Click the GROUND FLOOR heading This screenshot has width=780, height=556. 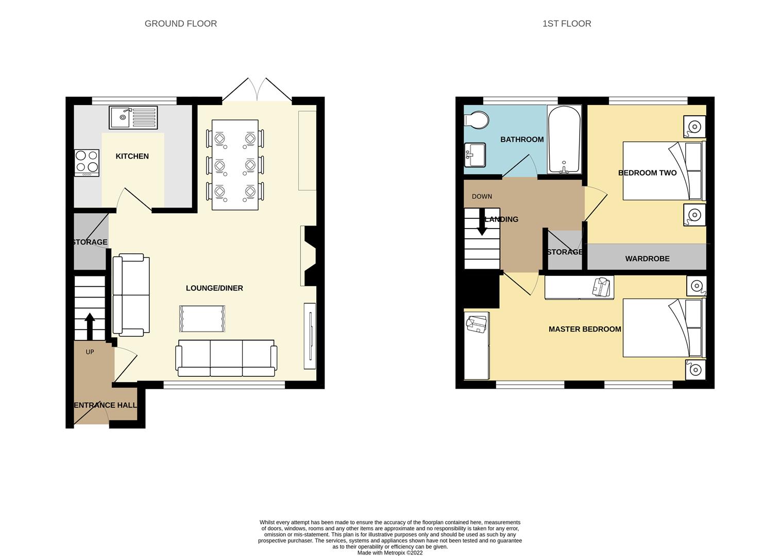[x=180, y=24]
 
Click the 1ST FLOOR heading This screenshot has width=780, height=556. [x=566, y=24]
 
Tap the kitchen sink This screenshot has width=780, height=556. [x=133, y=117]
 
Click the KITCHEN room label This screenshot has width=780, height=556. [x=132, y=157]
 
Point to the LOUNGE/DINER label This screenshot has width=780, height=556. [x=214, y=288]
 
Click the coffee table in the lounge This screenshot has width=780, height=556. [x=202, y=319]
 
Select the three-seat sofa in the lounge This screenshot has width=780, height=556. [x=226, y=358]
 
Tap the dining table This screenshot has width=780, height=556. [x=235, y=165]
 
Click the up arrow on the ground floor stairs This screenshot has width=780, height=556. [x=90, y=326]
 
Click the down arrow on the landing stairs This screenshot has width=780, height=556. [x=482, y=222]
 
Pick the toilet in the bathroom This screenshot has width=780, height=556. [x=476, y=120]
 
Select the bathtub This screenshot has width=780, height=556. [x=564, y=140]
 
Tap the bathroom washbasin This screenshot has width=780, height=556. [x=474, y=155]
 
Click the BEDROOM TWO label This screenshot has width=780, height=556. [x=647, y=173]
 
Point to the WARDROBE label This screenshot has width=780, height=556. [x=647, y=259]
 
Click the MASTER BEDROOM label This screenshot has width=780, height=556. [x=585, y=329]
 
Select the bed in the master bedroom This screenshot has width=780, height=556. [x=663, y=328]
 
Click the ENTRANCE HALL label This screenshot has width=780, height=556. [x=106, y=405]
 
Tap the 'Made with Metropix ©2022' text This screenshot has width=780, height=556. [x=390, y=553]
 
